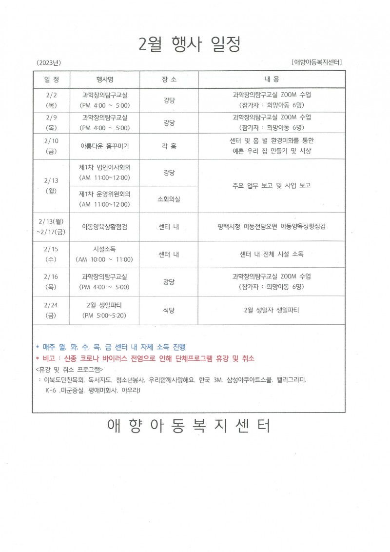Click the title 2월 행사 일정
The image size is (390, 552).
[190, 44]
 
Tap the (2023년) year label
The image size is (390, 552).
[48, 63]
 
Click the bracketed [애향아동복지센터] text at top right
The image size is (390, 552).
[316, 62]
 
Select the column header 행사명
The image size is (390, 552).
[105, 79]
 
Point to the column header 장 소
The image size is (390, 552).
[169, 79]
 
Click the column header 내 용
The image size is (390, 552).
[272, 79]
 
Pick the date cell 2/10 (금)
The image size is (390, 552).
[51, 145]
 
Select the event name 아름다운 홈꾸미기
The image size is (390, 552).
[105, 146]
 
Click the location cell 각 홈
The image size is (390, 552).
[169, 146]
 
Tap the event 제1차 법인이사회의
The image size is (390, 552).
[105, 172]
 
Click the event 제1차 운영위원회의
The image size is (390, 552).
[105, 199]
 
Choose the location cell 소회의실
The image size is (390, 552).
[169, 199]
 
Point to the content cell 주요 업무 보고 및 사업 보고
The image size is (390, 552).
[272, 185]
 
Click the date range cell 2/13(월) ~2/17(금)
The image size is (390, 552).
[51, 226]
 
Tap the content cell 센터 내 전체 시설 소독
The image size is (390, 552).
[272, 254]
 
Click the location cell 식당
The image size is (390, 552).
[169, 310]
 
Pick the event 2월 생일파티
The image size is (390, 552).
[105, 310]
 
